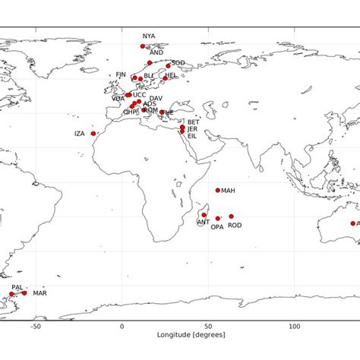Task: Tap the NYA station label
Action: coord(148,36)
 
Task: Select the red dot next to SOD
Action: coord(168,66)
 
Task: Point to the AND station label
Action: coord(156,52)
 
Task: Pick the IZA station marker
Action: coord(93,134)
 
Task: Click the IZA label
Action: coord(80,134)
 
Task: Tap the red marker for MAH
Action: coord(218,191)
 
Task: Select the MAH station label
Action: coord(229,191)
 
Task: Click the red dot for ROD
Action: coord(232,216)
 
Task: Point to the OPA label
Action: coord(217,226)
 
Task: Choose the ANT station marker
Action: coord(204,215)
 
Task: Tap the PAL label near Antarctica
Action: coord(17,288)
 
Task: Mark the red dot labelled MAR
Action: coord(24,293)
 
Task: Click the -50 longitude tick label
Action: coord(35,325)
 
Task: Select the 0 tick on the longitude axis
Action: coord(122,325)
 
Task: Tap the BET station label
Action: coord(194,122)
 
